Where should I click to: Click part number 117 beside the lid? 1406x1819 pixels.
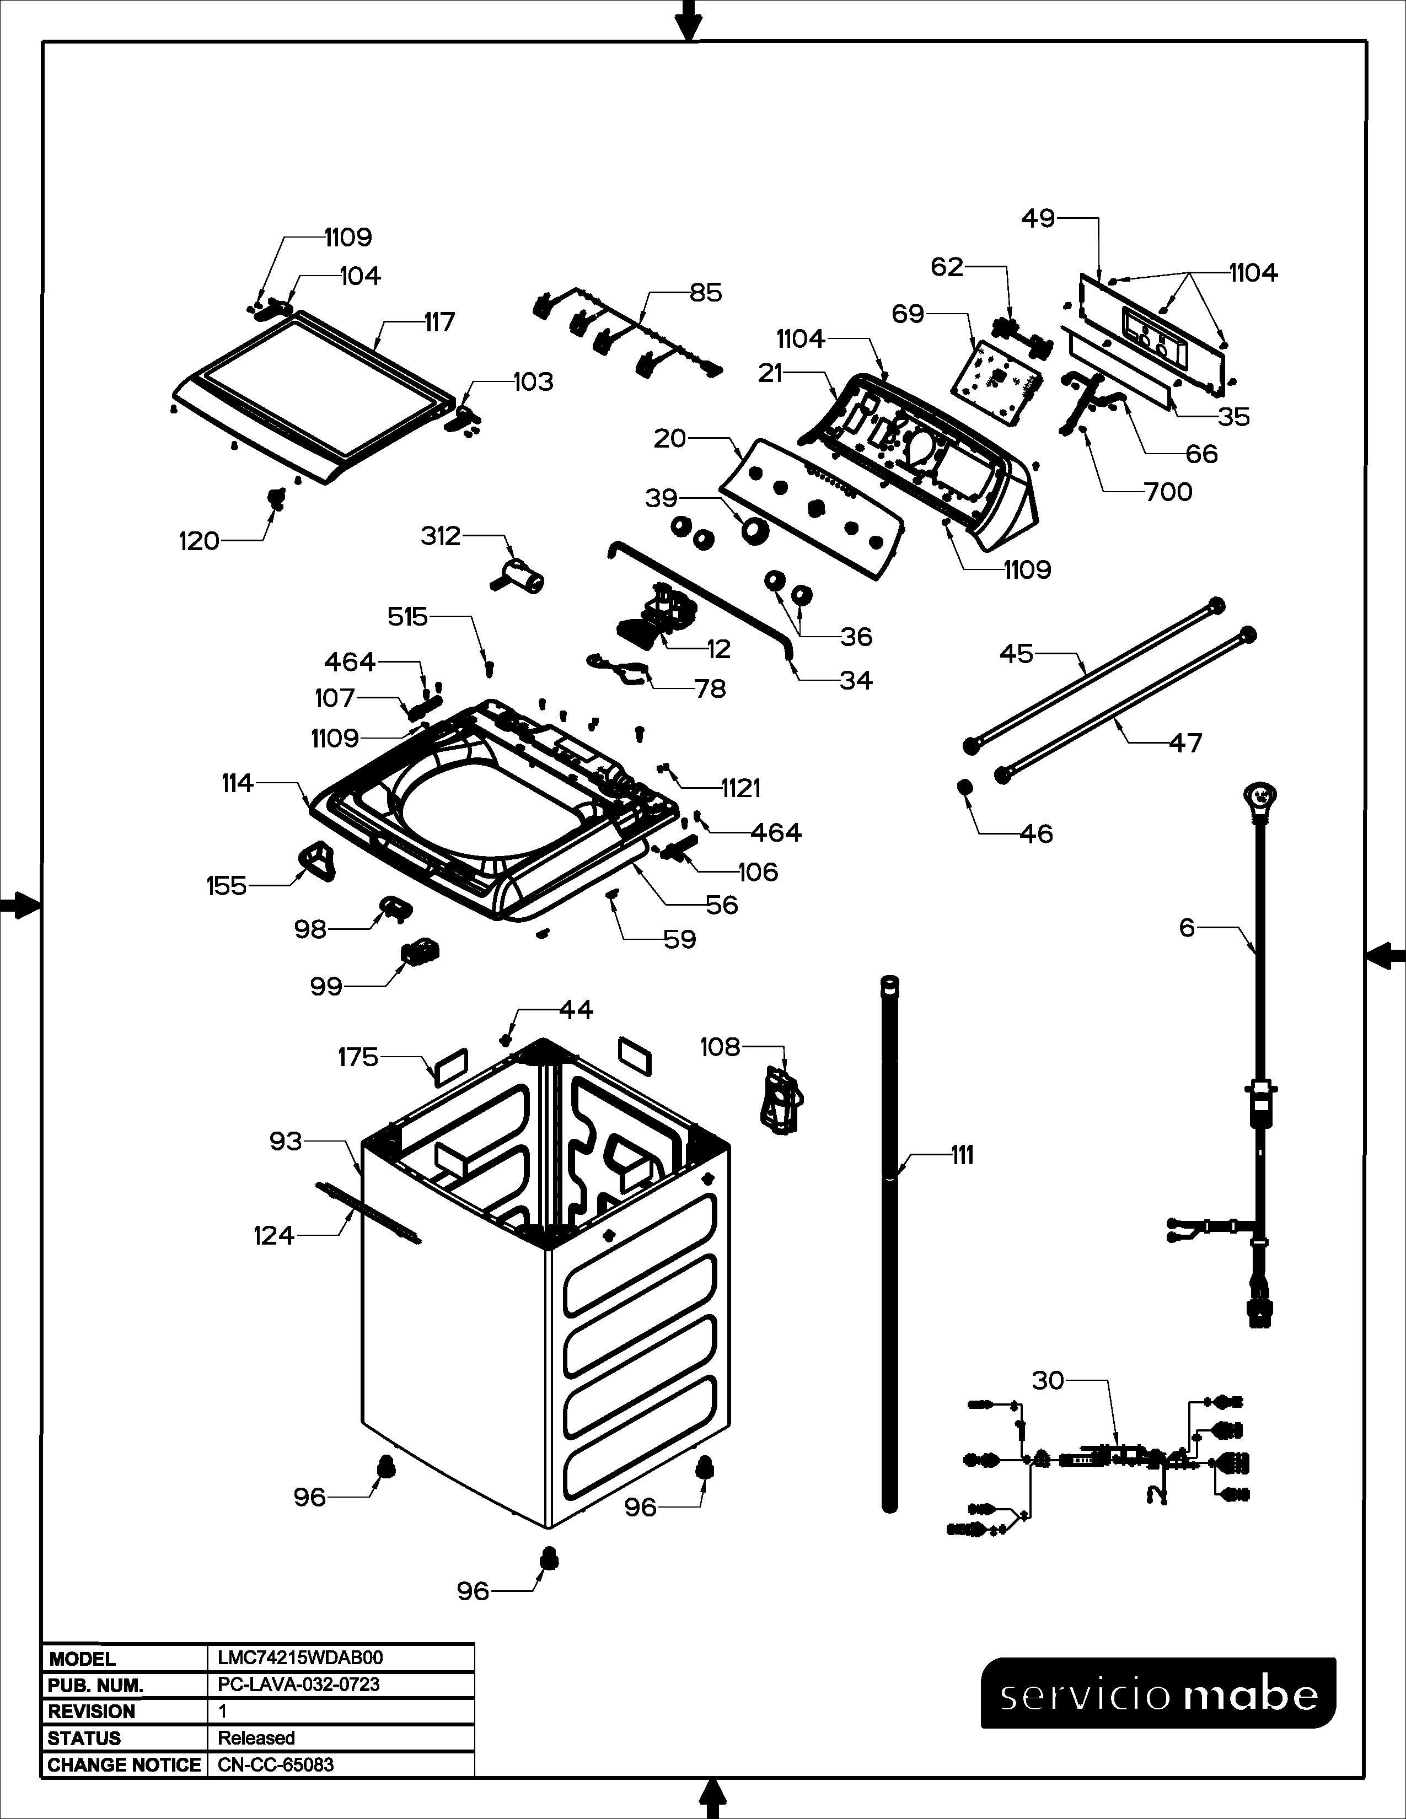(x=439, y=322)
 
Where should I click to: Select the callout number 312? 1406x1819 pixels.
(x=441, y=536)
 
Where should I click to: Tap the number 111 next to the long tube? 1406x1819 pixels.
(x=962, y=1155)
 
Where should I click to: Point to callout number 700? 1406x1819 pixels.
(x=1168, y=492)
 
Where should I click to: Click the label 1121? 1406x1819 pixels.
(x=741, y=788)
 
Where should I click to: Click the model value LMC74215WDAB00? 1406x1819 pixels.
(x=300, y=1658)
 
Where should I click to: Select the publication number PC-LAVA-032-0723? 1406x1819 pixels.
(x=298, y=1684)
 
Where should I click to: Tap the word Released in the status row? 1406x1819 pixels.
(x=256, y=1738)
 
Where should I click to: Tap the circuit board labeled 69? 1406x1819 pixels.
(x=995, y=379)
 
